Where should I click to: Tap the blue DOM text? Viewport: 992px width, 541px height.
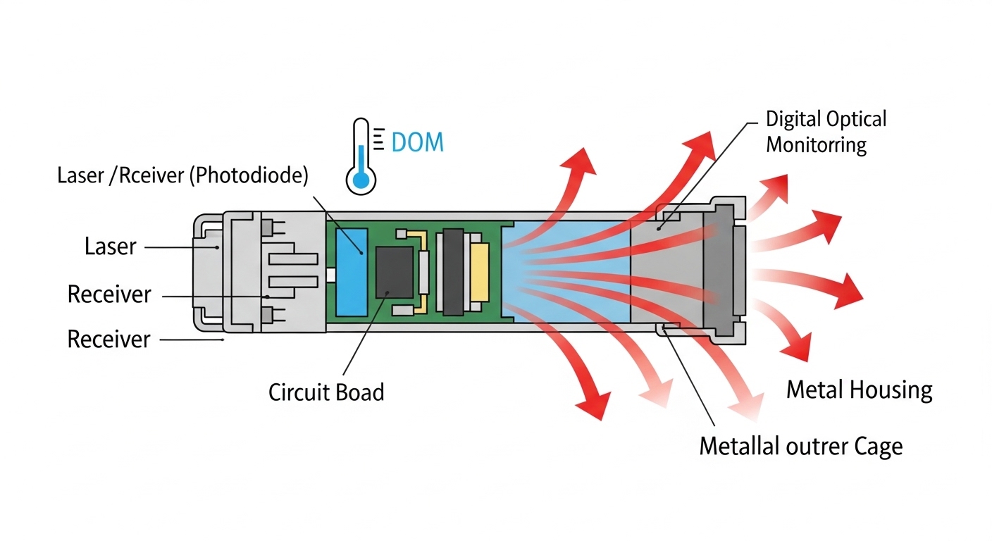[x=417, y=142]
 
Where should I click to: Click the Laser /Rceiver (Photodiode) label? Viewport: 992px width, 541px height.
[x=182, y=175]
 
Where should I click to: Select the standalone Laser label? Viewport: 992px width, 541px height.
[x=110, y=247]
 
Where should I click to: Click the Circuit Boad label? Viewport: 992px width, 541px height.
[x=326, y=391]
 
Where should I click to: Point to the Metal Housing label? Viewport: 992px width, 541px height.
[x=859, y=390]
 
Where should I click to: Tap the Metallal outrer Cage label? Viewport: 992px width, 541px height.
[x=800, y=446]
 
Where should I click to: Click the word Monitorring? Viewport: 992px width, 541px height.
[x=816, y=145]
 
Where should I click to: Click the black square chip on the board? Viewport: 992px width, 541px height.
[x=394, y=271]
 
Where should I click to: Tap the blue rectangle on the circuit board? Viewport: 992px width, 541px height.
[x=349, y=271]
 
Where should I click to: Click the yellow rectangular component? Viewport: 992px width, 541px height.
[x=479, y=271]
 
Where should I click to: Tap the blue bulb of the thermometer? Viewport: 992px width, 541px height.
[x=361, y=181]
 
